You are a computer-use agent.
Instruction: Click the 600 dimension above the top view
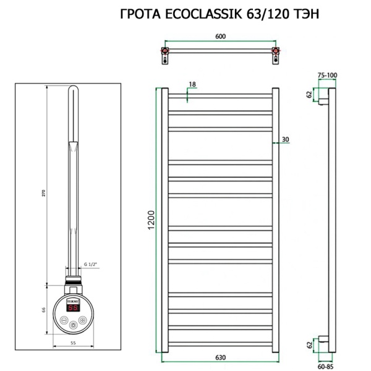(x=220, y=36)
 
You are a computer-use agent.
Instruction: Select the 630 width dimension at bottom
(x=220, y=357)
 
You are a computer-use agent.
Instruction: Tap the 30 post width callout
(x=285, y=139)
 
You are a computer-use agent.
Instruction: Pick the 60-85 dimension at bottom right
(x=326, y=364)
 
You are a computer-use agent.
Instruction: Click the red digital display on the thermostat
(x=72, y=307)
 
